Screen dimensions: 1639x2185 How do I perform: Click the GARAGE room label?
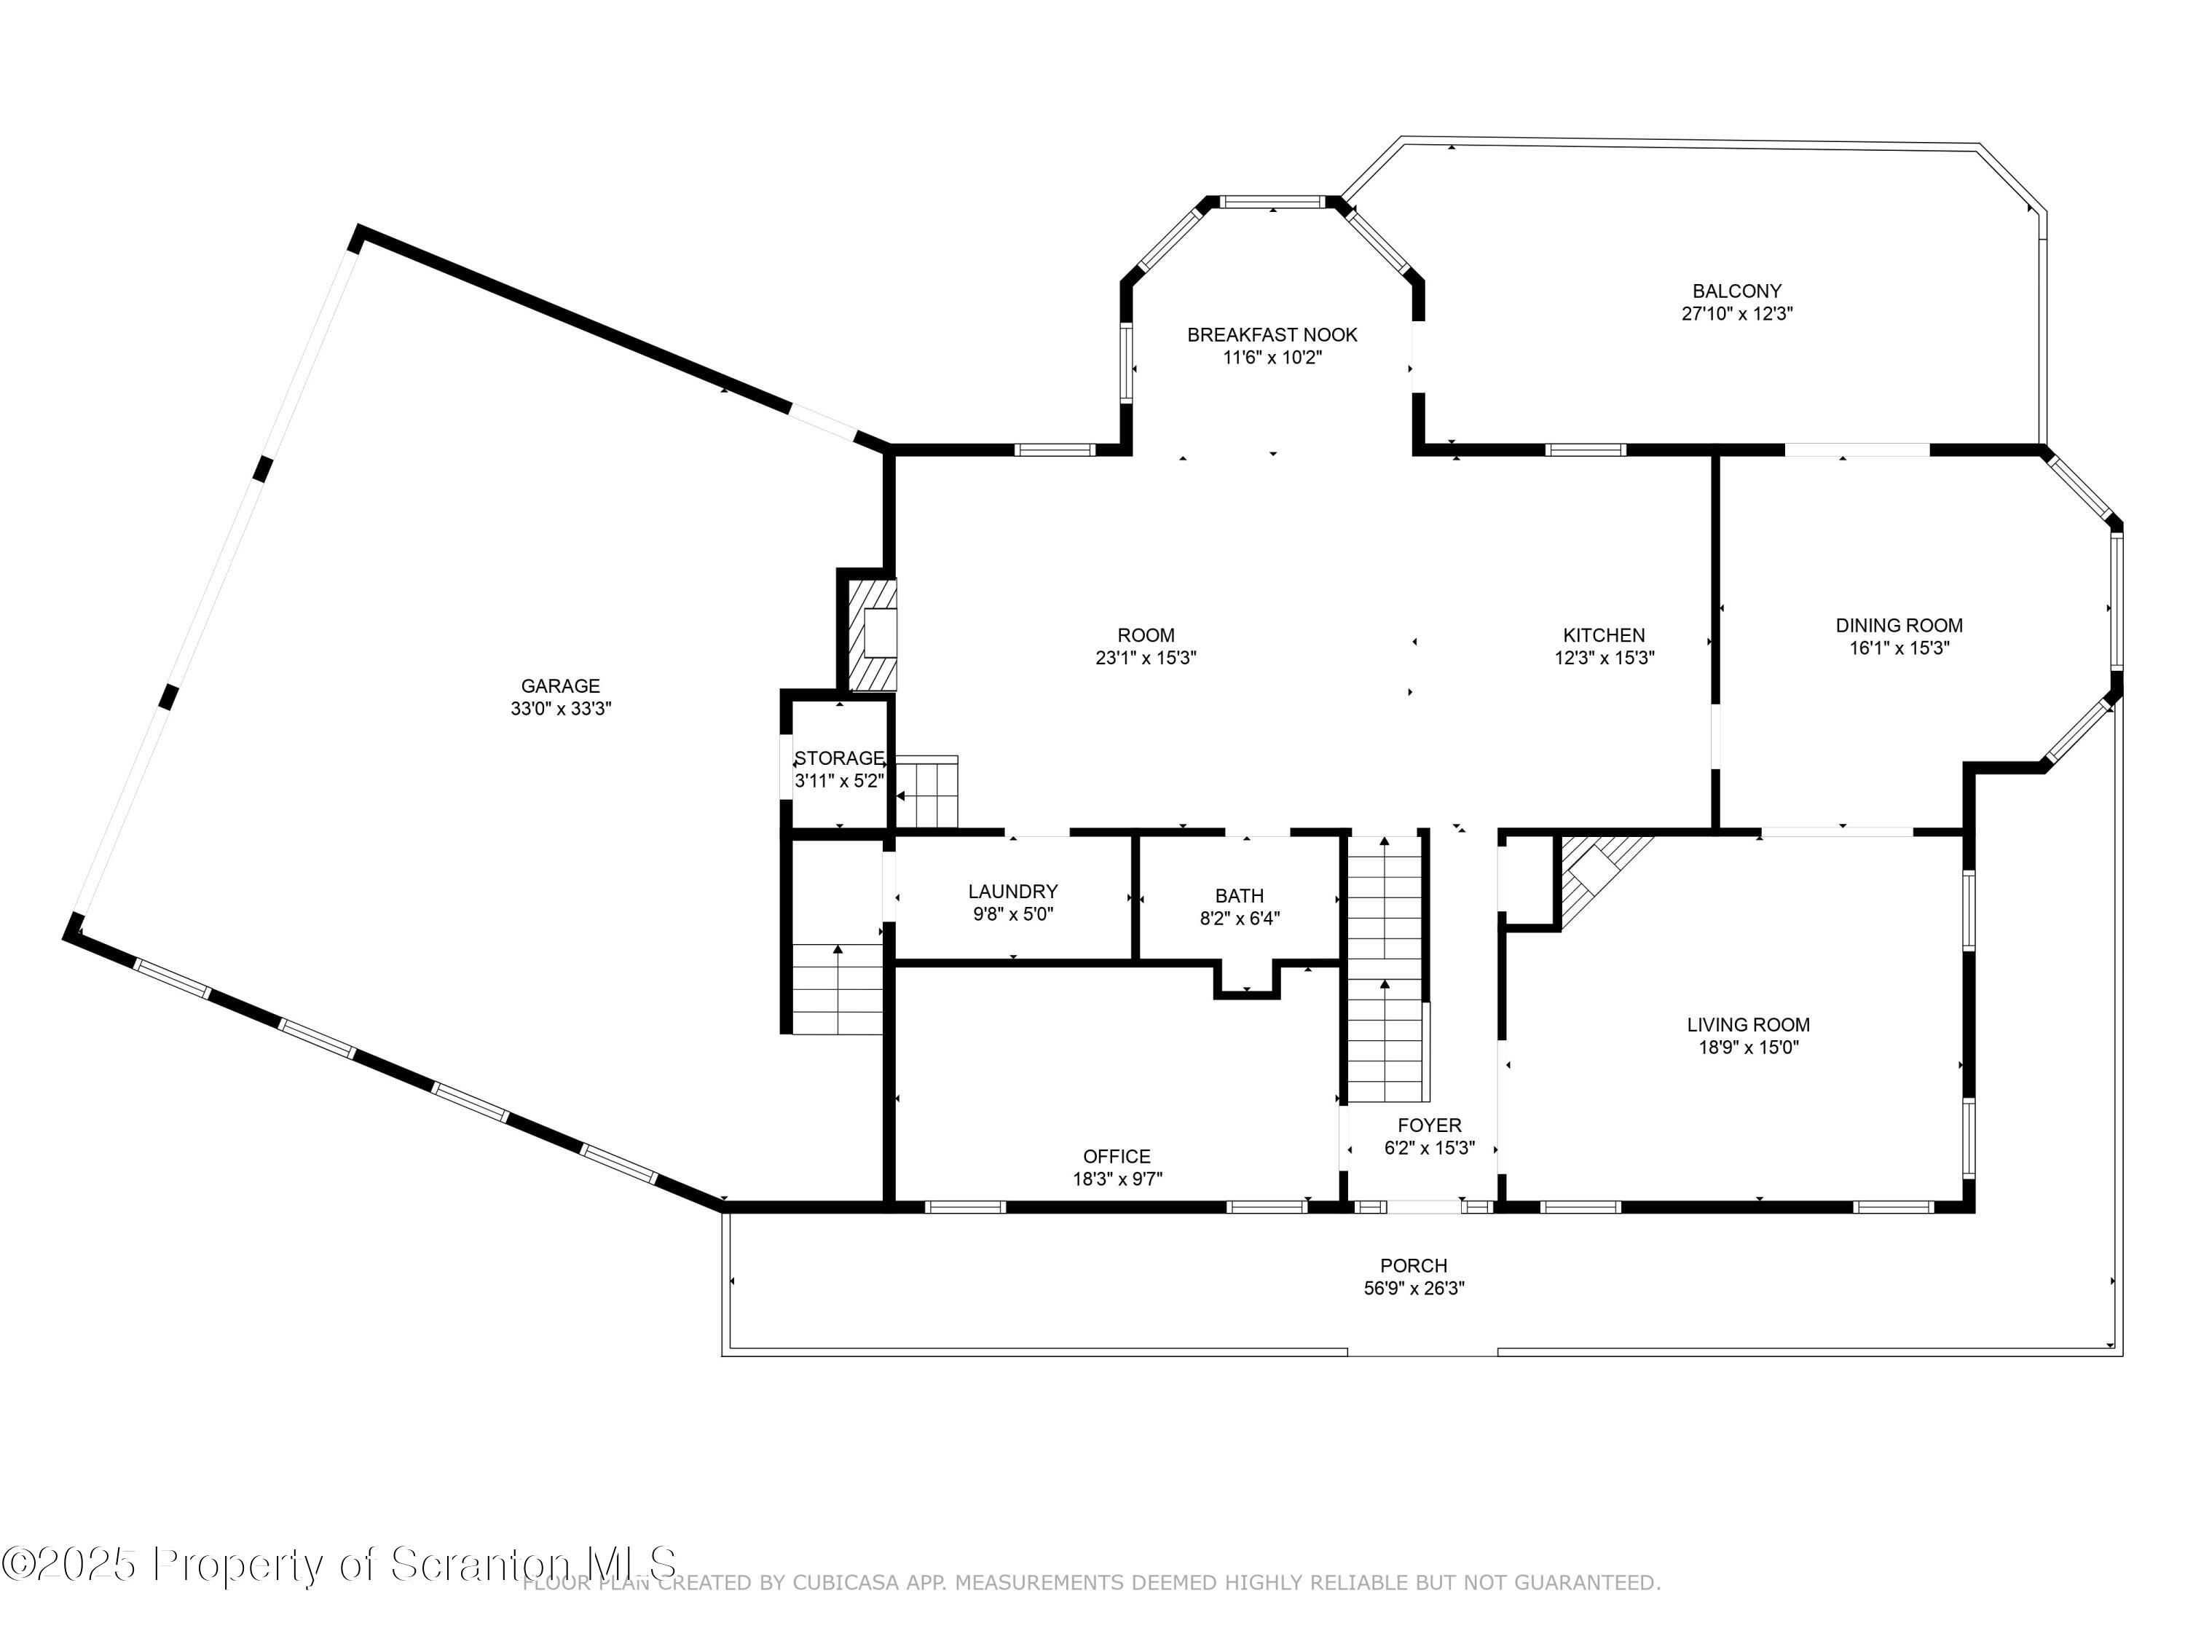point(560,685)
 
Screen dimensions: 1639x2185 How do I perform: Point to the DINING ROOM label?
point(1899,625)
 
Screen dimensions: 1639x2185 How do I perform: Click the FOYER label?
point(1428,1125)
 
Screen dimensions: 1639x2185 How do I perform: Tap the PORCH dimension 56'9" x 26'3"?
point(1414,1289)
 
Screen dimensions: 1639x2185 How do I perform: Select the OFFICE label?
point(1117,1156)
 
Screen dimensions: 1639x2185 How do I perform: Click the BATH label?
point(1239,895)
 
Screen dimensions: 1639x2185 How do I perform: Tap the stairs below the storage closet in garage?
point(838,988)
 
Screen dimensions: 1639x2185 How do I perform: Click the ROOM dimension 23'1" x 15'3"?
point(1146,658)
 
